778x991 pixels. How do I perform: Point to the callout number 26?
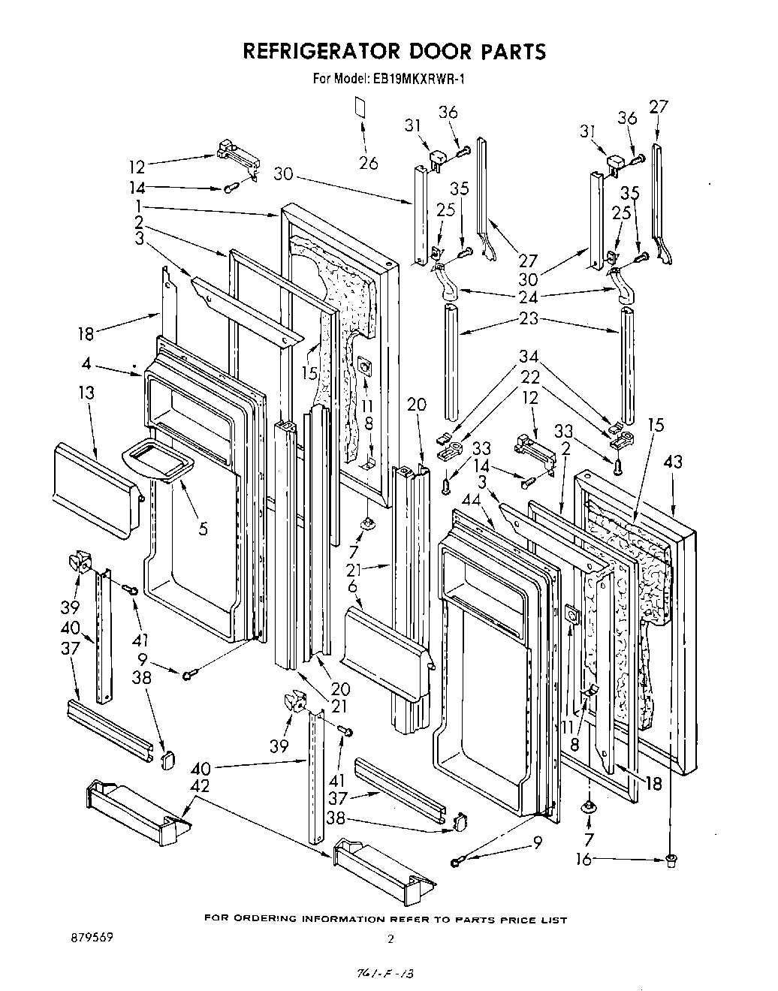368,162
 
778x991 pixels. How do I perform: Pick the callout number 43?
673,462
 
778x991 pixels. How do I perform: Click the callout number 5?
203,528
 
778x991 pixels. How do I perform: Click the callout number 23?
529,318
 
